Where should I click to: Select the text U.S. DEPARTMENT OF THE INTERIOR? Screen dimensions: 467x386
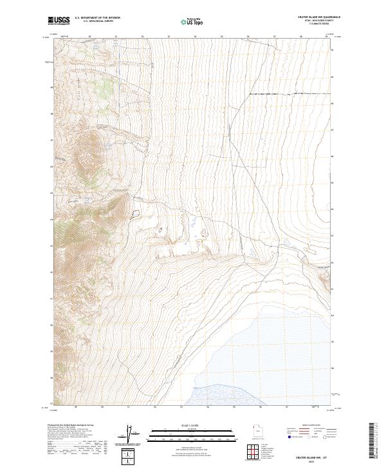pos(97,18)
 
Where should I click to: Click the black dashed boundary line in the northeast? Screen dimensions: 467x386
pos(283,94)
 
